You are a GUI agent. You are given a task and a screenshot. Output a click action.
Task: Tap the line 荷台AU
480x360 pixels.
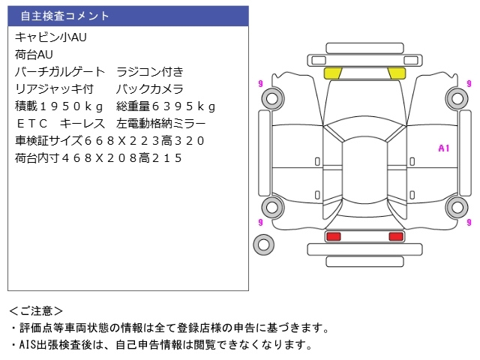34,55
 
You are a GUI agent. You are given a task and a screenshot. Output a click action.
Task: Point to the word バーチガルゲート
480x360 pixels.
61,72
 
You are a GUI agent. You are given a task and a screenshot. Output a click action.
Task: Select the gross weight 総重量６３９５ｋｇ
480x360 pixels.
166,106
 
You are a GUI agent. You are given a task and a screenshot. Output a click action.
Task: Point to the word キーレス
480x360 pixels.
80,124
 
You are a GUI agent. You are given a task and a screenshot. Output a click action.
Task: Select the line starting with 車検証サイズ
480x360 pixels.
109,141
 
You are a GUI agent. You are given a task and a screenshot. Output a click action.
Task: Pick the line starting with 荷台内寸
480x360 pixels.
98,158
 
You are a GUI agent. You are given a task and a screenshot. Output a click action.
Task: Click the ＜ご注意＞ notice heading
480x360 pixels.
35,310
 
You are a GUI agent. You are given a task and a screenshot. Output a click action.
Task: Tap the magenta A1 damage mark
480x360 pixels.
443,148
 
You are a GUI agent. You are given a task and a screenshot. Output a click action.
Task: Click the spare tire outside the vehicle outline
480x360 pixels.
263,244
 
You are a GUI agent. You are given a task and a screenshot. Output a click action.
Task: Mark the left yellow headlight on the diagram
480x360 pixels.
332,73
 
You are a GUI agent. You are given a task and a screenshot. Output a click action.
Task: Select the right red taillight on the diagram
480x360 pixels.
395,236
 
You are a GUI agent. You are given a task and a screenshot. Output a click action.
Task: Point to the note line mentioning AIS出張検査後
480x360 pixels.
160,345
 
